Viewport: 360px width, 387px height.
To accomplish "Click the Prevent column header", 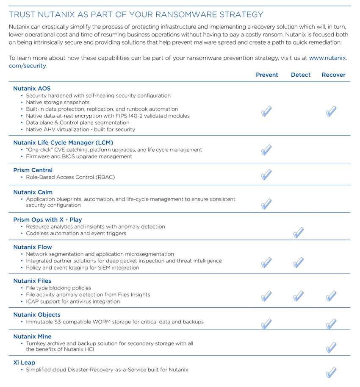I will click(x=267, y=75).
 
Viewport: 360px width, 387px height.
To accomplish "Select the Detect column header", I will click(x=301, y=75).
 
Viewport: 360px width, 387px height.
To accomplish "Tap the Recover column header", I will click(x=333, y=75).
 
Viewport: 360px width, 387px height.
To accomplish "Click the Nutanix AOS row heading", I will click(x=32, y=89).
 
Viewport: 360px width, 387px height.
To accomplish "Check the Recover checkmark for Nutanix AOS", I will click(x=331, y=111).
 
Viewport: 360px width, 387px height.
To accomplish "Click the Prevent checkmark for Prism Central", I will click(x=266, y=175).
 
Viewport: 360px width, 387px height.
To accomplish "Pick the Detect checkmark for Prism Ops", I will click(x=298, y=232).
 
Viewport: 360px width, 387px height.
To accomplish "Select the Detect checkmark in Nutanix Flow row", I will click(x=298, y=262).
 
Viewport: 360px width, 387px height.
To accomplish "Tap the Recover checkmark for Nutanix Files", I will click(x=331, y=296).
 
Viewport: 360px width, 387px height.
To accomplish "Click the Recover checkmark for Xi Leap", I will click(x=331, y=373).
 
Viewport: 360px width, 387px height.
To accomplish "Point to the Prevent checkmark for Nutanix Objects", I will click(x=266, y=324).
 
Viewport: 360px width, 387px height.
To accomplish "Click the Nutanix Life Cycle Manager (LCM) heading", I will click(x=63, y=143).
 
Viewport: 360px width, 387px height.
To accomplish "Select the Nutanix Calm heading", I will click(x=33, y=192).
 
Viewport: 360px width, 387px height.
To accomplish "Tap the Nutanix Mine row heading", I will click(x=32, y=337).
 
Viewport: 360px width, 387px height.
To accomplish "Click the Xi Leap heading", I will click(x=24, y=363).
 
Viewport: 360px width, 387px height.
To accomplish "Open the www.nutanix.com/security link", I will click(x=328, y=58).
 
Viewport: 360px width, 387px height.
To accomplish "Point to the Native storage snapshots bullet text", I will click(x=58, y=102).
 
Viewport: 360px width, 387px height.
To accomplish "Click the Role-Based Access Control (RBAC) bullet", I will click(x=70, y=177).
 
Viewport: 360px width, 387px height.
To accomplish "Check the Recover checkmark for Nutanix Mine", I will click(x=331, y=348).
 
